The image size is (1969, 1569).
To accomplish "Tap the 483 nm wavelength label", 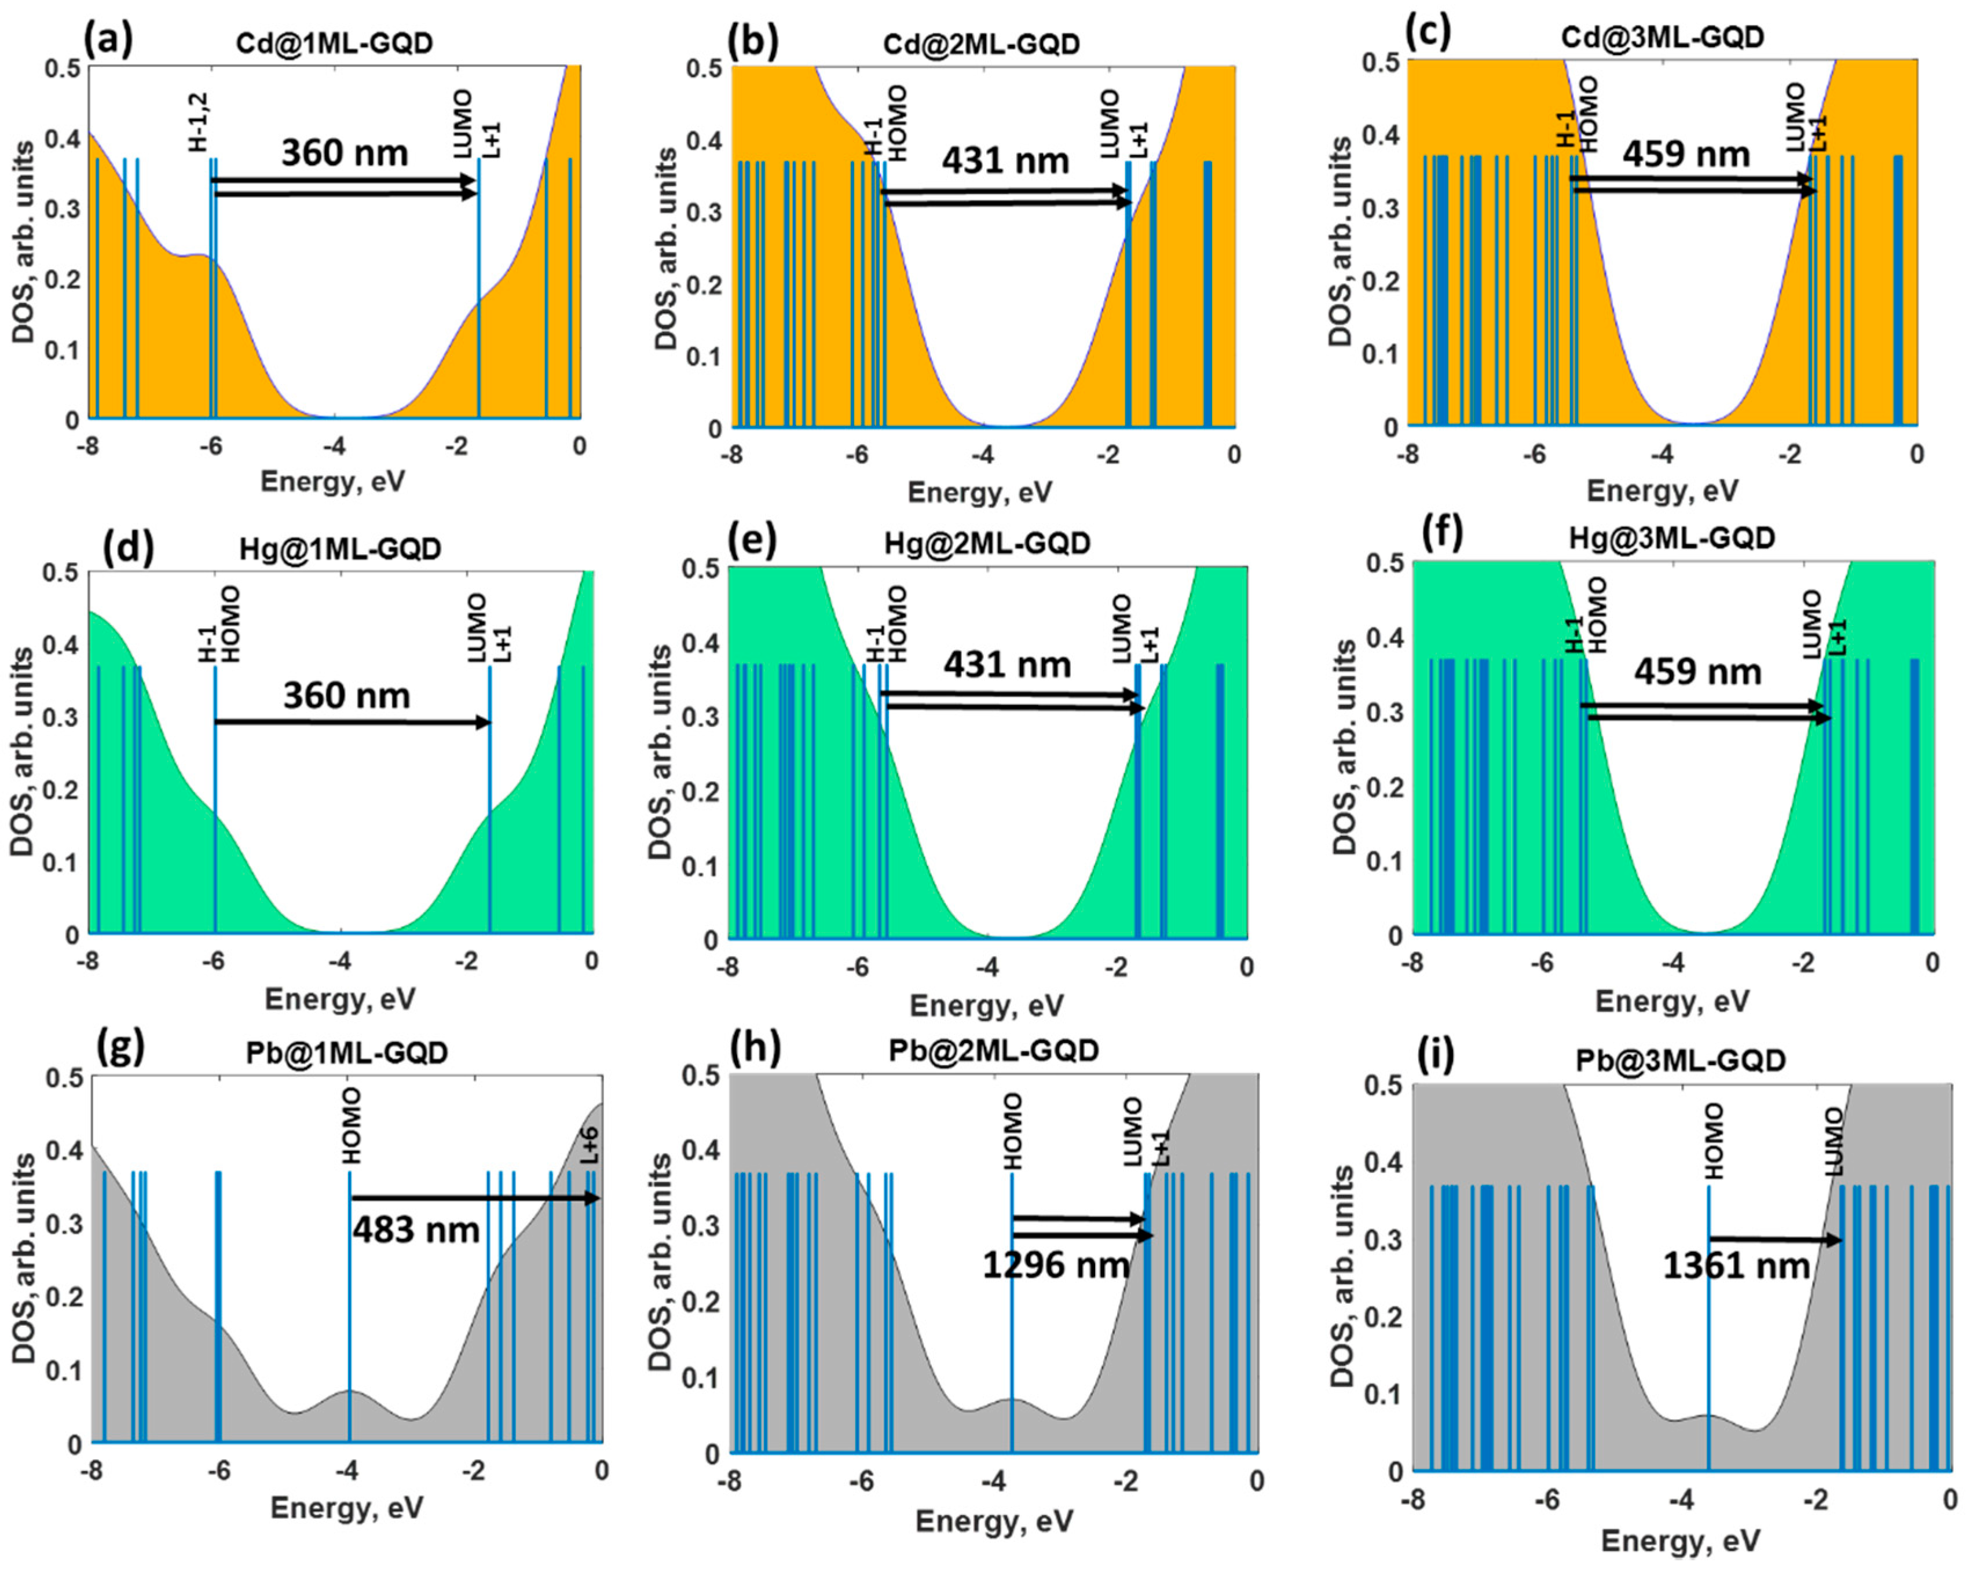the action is (x=416, y=1230).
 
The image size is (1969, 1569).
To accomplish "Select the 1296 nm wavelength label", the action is (x=1056, y=1265).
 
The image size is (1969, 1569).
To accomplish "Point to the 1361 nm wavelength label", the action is (x=1736, y=1266).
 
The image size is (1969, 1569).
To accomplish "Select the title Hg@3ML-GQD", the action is (x=1672, y=538).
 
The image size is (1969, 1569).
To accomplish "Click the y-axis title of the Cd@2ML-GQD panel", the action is (x=667, y=248).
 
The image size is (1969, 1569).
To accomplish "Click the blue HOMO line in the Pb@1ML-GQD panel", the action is (x=350, y=1306).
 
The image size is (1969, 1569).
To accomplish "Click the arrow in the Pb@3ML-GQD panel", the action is (x=1776, y=1240).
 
